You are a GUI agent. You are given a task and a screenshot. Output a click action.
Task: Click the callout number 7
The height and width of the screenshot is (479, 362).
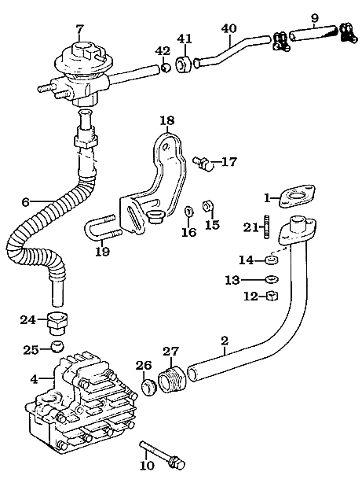(x=79, y=29)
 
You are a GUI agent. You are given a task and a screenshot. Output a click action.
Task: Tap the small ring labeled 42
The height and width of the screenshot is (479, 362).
(x=166, y=67)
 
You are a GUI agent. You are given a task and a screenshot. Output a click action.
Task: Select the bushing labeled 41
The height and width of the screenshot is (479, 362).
(x=183, y=64)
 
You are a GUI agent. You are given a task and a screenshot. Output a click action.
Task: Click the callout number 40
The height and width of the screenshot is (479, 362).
(x=229, y=28)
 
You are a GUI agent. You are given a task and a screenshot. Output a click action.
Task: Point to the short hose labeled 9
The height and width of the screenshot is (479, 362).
(x=313, y=33)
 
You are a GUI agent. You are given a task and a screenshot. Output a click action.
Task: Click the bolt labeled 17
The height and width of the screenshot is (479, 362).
(x=202, y=163)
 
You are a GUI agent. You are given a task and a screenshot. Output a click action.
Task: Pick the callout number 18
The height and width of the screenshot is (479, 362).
(x=167, y=120)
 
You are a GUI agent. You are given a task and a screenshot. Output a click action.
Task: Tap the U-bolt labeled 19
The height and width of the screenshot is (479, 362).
(x=102, y=228)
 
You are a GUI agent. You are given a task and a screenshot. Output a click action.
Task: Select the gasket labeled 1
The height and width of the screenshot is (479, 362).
(x=298, y=196)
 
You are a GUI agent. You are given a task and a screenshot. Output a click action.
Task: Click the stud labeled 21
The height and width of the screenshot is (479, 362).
(x=267, y=227)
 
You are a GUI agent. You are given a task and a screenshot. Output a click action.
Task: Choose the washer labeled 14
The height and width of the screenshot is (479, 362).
(x=272, y=260)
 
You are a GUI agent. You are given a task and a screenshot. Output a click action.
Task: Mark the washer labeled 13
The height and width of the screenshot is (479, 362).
(x=272, y=279)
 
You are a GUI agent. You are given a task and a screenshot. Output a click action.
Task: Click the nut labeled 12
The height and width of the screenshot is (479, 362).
(x=272, y=296)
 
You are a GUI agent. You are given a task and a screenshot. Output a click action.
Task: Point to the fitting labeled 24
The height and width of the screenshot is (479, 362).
(x=57, y=323)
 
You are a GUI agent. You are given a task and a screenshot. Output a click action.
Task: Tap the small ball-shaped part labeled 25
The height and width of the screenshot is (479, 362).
(x=57, y=346)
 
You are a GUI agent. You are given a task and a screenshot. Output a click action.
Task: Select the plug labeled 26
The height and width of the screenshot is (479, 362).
(x=149, y=388)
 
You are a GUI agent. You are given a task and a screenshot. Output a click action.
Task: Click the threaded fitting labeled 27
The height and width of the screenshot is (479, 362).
(x=172, y=379)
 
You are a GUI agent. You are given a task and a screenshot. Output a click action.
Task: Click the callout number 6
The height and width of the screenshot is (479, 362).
(x=26, y=202)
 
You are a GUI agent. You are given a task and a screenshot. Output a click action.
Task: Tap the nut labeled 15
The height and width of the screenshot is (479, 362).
(x=207, y=207)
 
